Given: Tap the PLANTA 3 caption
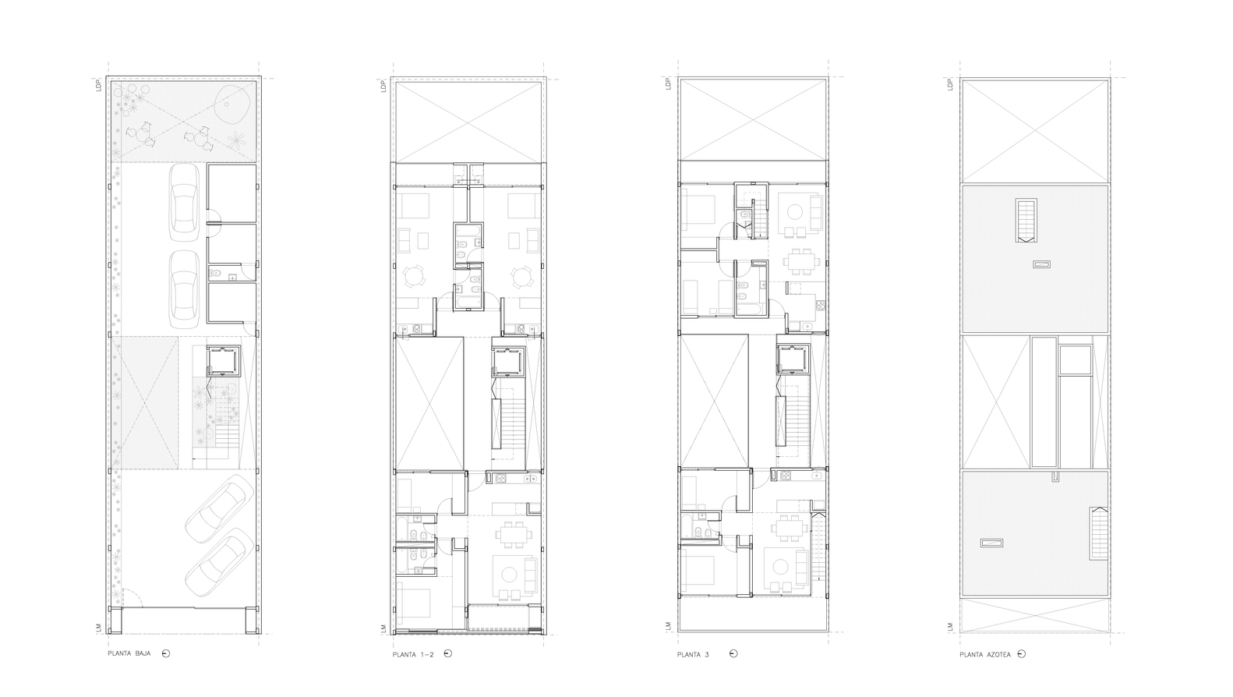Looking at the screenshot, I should click(693, 653).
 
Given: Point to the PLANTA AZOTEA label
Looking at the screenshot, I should click(985, 654).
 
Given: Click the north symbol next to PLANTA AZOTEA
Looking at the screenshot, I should click(1022, 654).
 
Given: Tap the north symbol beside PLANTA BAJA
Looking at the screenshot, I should click(165, 653).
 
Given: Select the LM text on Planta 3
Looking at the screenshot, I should click(669, 625).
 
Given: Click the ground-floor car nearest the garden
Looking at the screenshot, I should click(185, 201).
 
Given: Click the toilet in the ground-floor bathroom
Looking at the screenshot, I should click(216, 274).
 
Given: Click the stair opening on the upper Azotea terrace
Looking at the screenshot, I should click(1026, 220).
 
